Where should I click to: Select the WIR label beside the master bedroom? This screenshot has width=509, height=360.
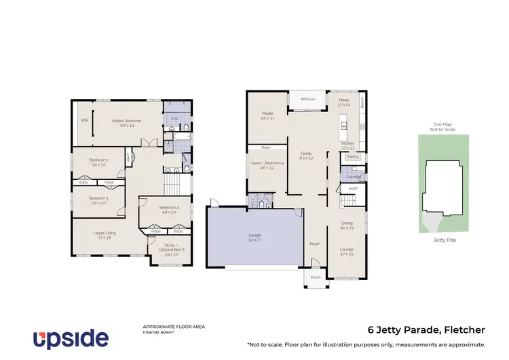pos(85,120)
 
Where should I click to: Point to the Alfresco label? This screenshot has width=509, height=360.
pos(308,99)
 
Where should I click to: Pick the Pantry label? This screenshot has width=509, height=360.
pos(352,156)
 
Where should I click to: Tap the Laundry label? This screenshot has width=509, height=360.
pos(353,177)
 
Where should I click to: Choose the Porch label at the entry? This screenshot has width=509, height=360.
pos(315,278)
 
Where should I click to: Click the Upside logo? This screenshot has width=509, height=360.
pos(71,338)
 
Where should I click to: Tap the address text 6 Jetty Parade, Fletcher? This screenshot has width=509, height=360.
pos(426,330)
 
